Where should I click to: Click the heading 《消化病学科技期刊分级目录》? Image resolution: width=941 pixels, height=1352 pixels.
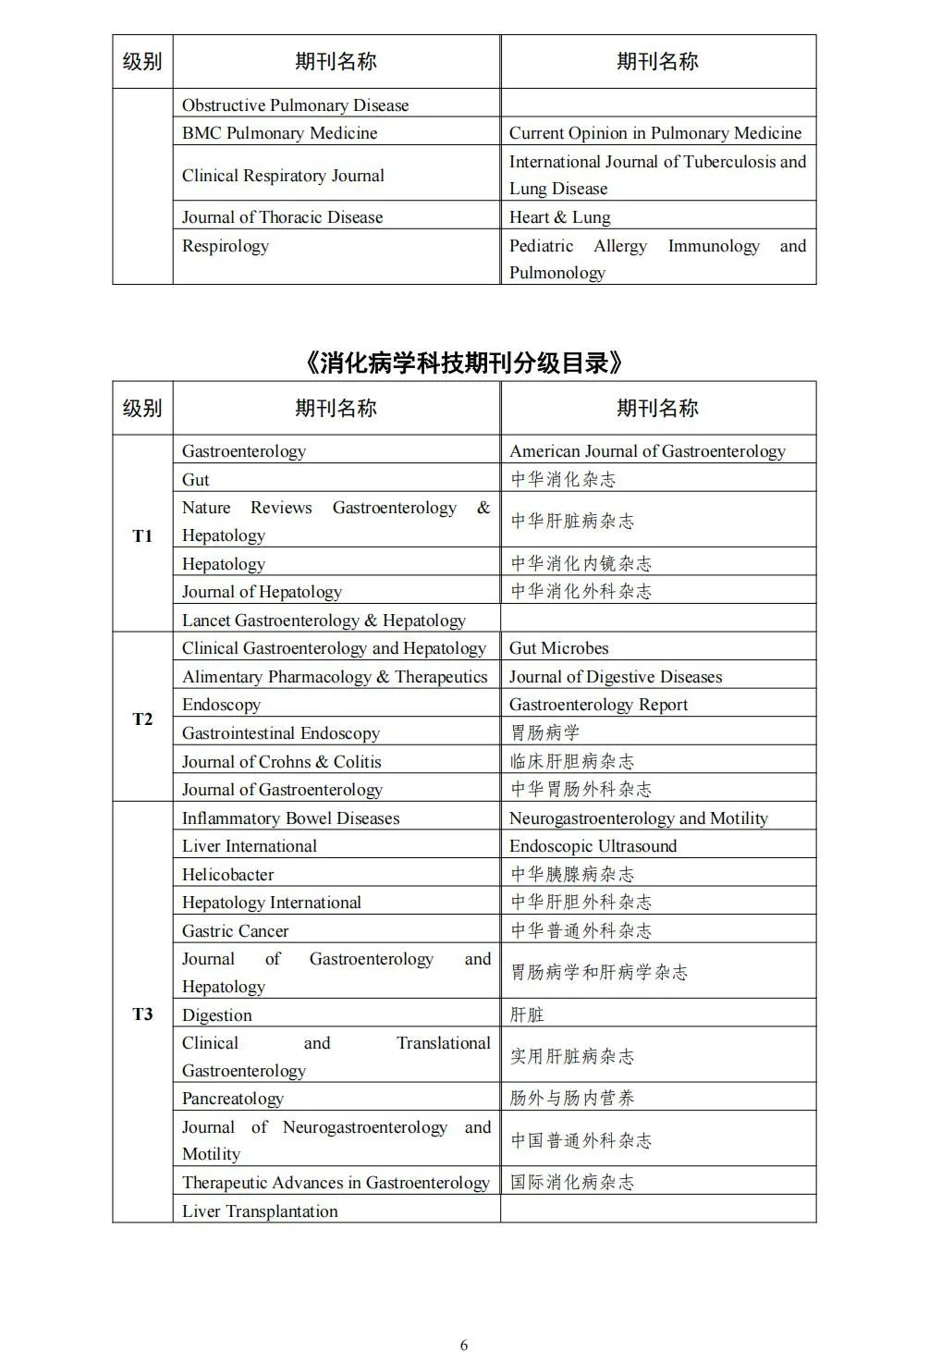[463, 363]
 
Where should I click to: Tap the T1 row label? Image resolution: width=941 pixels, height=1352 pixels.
[142, 536]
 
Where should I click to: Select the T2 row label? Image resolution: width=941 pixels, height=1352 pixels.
[142, 719]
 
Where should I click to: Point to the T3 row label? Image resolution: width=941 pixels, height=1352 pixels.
[142, 1014]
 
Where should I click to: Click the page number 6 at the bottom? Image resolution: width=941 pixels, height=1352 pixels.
[464, 1345]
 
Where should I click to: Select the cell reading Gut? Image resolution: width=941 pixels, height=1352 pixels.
[196, 480]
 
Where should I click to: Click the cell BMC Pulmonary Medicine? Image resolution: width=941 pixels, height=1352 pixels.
[279, 133]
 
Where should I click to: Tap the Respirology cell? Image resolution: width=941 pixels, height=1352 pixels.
[226, 246]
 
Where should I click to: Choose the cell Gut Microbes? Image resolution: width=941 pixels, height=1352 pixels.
[558, 648]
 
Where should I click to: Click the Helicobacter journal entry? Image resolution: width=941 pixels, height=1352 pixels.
[227, 875]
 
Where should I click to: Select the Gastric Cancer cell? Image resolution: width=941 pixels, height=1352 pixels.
[235, 931]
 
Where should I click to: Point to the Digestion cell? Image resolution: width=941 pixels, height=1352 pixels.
[216, 1015]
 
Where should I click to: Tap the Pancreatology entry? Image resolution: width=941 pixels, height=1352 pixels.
[232, 1099]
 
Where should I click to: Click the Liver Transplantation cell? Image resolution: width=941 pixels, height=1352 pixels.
[260, 1211]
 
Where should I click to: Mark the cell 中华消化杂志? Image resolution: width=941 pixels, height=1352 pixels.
[563, 479]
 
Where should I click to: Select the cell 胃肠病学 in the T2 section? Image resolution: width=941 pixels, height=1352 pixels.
[545, 732]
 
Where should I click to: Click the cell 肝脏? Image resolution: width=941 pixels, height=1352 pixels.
[527, 1014]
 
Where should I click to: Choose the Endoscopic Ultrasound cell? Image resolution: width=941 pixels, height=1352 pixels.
[593, 846]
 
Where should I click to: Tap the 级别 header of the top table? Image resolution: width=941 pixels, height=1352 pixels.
[142, 62]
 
